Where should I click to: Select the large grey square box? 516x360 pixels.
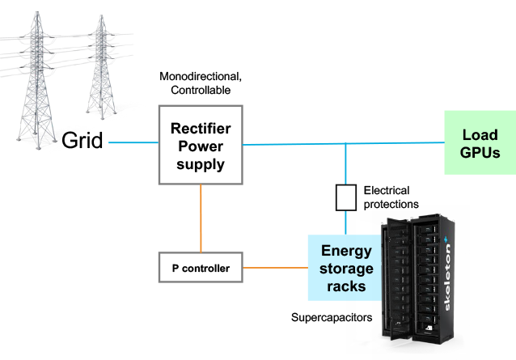tap(201, 145)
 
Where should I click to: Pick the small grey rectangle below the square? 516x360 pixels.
tap(201, 267)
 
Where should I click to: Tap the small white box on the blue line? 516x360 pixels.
tap(346, 197)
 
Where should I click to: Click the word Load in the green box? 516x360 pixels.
tap(480, 135)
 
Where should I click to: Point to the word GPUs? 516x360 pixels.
tap(480, 151)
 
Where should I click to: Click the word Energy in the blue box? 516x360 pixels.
tap(346, 251)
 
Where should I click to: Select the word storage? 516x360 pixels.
tap(346, 268)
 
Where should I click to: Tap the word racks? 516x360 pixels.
tap(346, 285)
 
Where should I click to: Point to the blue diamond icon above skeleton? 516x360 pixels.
tap(449, 240)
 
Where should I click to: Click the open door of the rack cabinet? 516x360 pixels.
tap(395, 275)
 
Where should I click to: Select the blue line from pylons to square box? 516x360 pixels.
tap(133, 143)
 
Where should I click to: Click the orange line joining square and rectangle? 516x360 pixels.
tap(201, 218)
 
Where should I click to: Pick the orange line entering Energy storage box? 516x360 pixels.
tap(275, 267)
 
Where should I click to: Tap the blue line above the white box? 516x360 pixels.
tap(346, 165)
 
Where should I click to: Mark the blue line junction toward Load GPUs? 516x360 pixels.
tap(346, 144)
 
